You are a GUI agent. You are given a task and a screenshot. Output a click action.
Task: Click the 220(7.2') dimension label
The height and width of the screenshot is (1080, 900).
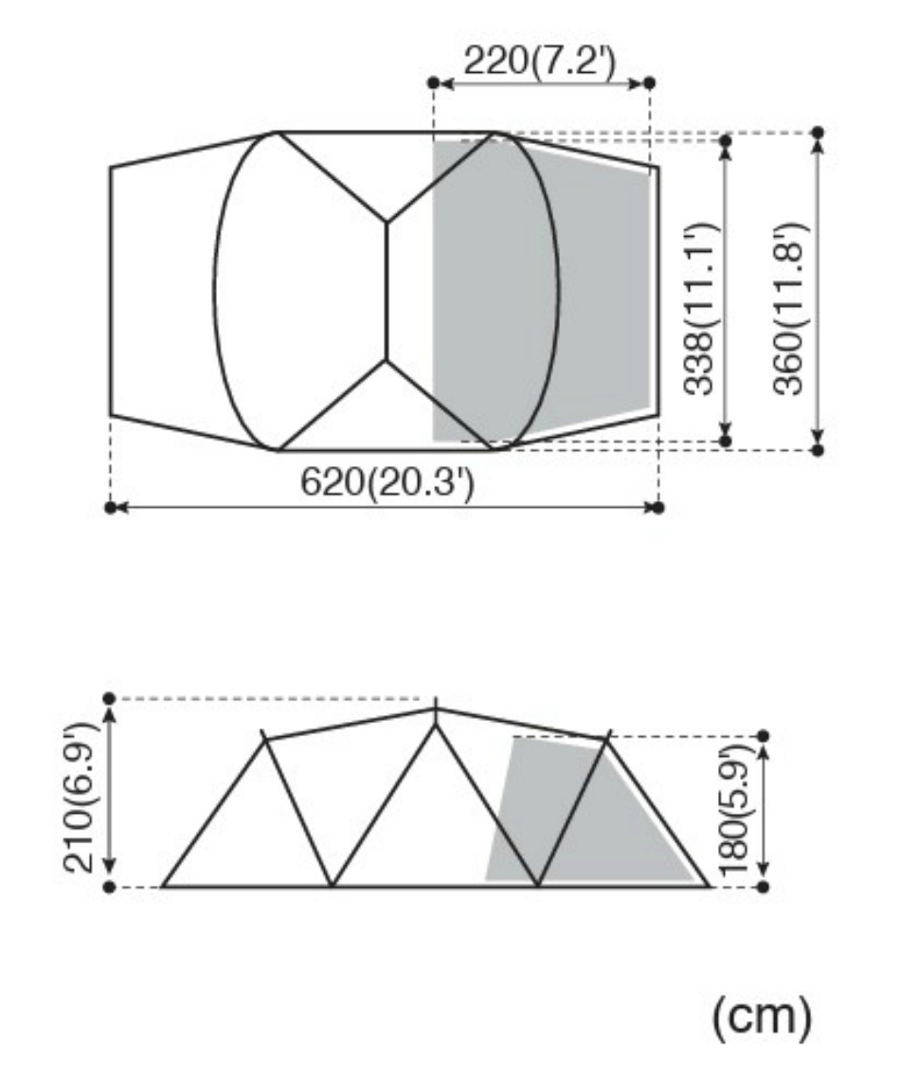(539, 62)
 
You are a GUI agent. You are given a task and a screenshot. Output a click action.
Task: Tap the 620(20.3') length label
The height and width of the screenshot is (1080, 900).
(387, 482)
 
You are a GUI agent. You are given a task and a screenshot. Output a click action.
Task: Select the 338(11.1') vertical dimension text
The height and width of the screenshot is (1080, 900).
(700, 309)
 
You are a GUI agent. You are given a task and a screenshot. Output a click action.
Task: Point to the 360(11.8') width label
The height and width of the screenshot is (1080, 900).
(788, 309)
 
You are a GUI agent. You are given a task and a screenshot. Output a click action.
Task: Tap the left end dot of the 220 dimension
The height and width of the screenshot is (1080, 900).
(433, 82)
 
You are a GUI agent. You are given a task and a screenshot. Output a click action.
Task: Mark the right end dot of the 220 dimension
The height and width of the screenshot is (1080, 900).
(649, 82)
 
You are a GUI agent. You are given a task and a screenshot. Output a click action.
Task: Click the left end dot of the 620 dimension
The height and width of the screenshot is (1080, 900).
(110, 508)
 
